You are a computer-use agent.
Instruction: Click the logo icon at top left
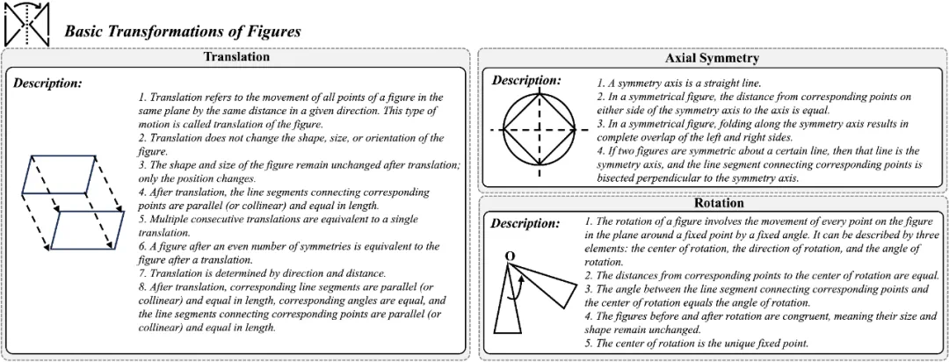(27, 24)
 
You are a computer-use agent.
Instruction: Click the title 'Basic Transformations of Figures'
(183, 31)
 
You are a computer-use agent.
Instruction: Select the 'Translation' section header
(236, 56)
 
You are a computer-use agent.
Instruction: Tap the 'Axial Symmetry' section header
(713, 58)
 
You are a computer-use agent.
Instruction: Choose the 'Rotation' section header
(713, 203)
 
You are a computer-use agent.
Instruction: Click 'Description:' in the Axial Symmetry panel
(525, 81)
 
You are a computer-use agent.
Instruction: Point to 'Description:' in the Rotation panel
(525, 223)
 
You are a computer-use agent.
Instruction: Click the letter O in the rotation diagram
(509, 257)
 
